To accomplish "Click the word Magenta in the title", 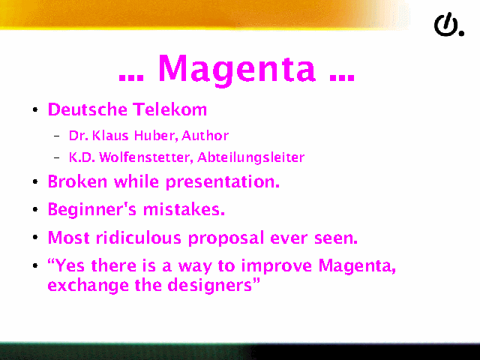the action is (237, 69).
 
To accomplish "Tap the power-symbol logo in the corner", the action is (447, 25).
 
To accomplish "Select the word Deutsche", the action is (88, 109).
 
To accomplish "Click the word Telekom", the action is (170, 109).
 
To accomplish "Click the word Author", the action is (205, 135).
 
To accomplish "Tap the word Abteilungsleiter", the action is (251, 157).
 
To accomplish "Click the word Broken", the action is (77, 181).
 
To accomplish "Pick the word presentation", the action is (223, 182).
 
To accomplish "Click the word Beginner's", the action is (92, 210).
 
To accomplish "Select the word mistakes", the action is (184, 210).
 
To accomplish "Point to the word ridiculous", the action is (139, 238).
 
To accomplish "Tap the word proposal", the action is (226, 238).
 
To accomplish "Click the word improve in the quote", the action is (277, 265).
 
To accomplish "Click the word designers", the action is (213, 286).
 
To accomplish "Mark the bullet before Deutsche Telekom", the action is (35, 109).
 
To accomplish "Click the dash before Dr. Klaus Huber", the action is (57, 136).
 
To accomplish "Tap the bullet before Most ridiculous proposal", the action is (35, 238).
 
